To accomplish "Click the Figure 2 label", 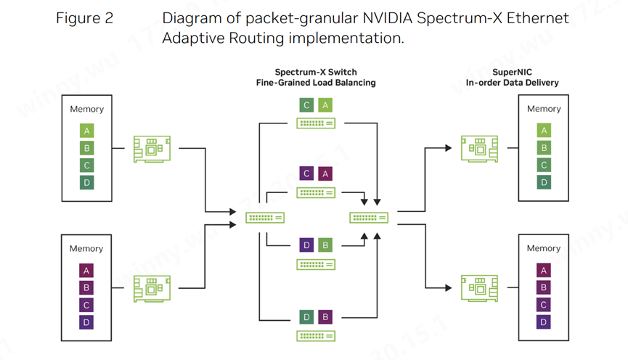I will [84, 18].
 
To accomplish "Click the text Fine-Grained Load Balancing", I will [316, 83].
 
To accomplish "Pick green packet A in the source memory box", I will [87, 131].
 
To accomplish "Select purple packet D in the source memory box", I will [87, 322].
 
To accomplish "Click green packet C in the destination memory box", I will [544, 165].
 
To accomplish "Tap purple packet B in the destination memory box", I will [544, 287].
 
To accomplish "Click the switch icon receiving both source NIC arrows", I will [265, 217].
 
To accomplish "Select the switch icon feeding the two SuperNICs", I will [369, 217].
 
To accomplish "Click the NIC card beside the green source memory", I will [152, 149].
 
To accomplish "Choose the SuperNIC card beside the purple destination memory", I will [479, 288].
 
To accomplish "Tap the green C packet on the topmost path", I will [306, 105].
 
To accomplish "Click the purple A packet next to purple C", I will [325, 174].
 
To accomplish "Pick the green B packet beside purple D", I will [325, 245].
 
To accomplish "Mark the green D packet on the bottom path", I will [306, 317].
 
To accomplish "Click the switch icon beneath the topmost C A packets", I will [316, 123].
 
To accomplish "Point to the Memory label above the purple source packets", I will [86, 248].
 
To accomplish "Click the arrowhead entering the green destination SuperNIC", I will [448, 148].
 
